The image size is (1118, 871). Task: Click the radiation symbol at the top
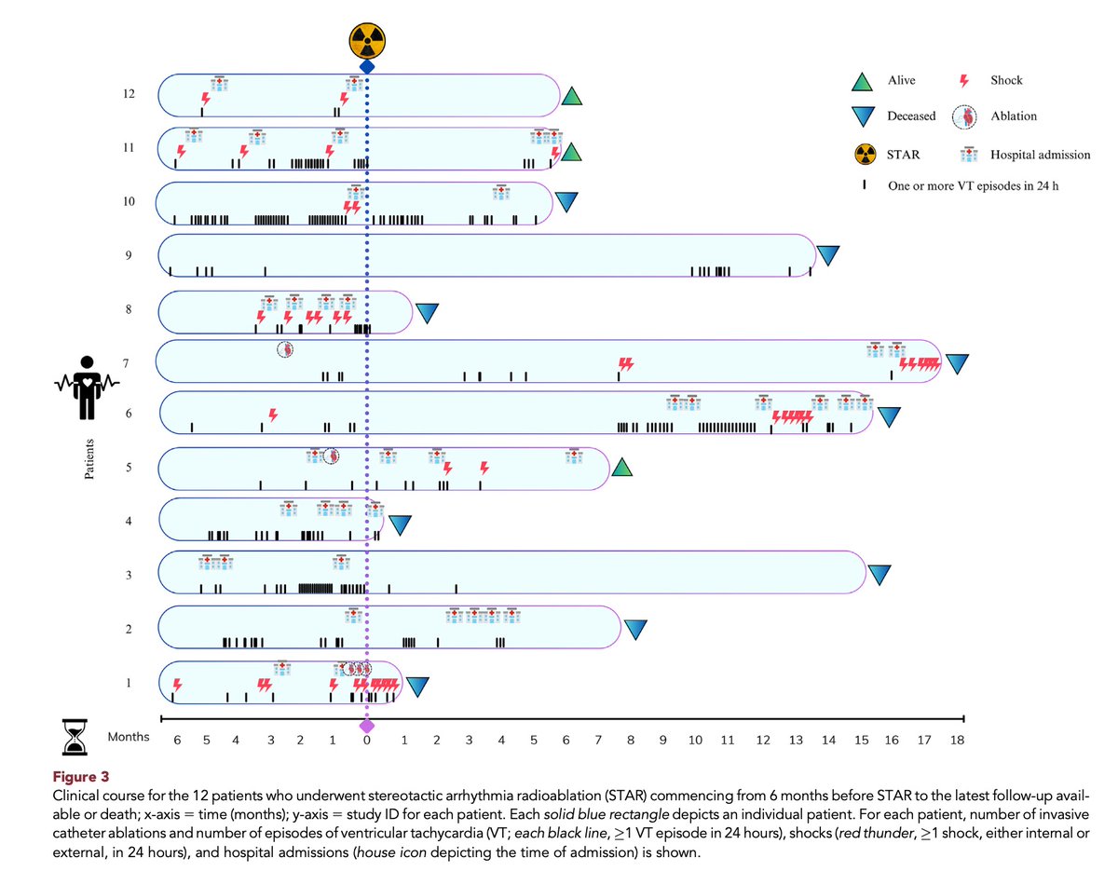coord(367,40)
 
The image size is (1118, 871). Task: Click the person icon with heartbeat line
coord(86,386)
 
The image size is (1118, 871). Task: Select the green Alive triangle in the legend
coord(862,80)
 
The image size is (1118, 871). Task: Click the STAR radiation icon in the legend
coord(862,155)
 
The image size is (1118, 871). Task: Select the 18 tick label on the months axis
coord(956,741)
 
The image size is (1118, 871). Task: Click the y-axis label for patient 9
coord(128,254)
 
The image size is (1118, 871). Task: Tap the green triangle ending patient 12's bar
coord(572,95)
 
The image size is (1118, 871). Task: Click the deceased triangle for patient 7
coord(958,363)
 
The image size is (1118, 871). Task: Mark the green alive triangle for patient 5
coord(621,469)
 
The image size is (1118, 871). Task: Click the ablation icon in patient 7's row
coord(286,349)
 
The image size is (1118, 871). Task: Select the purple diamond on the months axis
coord(367,726)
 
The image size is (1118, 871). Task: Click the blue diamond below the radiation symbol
coord(367,67)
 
